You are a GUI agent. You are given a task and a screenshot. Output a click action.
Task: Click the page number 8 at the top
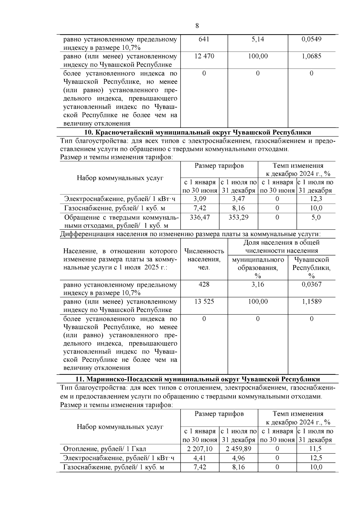tap(197, 26)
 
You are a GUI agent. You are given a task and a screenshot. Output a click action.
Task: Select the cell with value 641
tap(204, 39)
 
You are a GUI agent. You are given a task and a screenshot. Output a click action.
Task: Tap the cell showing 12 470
tap(204, 56)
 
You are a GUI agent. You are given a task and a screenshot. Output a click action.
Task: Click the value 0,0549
tap(311, 39)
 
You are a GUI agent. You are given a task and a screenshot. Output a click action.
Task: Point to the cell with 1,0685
tap(311, 56)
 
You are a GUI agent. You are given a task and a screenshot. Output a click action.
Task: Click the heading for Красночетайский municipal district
tap(197, 133)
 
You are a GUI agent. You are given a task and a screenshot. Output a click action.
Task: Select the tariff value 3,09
tap(200, 199)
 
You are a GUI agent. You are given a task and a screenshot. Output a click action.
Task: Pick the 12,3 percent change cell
tap(316, 199)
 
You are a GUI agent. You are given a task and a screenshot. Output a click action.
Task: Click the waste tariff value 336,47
tap(200, 217)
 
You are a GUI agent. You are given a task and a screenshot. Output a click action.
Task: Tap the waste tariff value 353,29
tap(238, 217)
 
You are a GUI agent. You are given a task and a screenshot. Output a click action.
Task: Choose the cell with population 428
tap(204, 284)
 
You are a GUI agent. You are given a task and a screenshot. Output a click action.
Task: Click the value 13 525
tap(204, 301)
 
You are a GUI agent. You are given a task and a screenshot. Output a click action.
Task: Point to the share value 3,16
tap(258, 284)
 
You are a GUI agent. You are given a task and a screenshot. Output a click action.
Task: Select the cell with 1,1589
tap(311, 301)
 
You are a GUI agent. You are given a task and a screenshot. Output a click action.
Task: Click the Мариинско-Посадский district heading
tap(197, 379)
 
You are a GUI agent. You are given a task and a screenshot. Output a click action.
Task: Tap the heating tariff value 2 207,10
tap(200, 449)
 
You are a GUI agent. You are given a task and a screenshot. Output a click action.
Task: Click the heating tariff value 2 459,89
tap(238, 449)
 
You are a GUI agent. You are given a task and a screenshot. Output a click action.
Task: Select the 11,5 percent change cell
tap(316, 449)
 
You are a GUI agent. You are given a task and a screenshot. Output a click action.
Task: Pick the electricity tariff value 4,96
tap(238, 458)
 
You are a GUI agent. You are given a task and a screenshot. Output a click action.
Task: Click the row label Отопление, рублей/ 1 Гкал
tap(105, 449)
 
